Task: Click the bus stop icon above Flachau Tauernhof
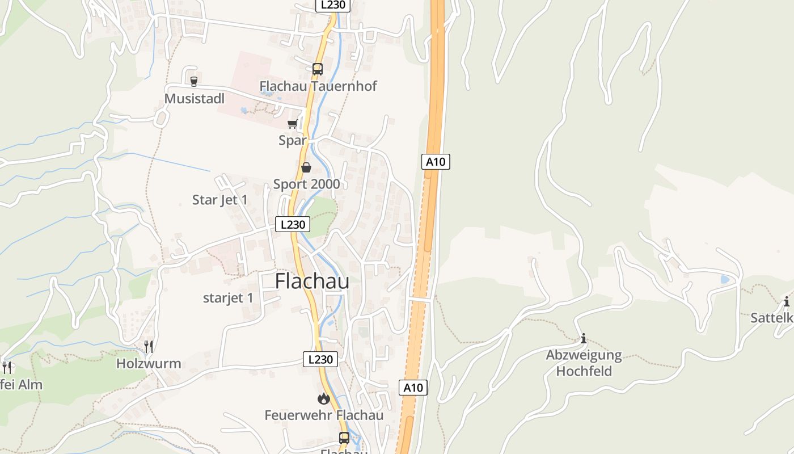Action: pyautogui.click(x=318, y=69)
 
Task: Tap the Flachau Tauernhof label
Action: pyautogui.click(x=318, y=86)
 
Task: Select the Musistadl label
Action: pyautogui.click(x=195, y=99)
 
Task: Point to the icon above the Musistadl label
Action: pyautogui.click(x=194, y=82)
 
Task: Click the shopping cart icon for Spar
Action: pyautogui.click(x=293, y=124)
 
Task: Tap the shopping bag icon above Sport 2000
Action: pyautogui.click(x=306, y=167)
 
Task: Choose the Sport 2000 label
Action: pyautogui.click(x=307, y=184)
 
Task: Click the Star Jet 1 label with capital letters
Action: pyautogui.click(x=220, y=200)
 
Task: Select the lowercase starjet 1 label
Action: pyautogui.click(x=228, y=298)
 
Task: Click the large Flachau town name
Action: pyautogui.click(x=312, y=281)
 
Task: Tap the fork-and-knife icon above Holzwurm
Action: pyautogui.click(x=149, y=346)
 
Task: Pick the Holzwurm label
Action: pyautogui.click(x=149, y=364)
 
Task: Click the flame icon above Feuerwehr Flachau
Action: pyautogui.click(x=324, y=399)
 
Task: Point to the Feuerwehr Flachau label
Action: pyautogui.click(x=324, y=415)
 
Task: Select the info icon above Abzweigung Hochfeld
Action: pyautogui.click(x=584, y=339)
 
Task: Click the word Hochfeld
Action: pyautogui.click(x=584, y=371)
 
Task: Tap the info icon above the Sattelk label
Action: pyautogui.click(x=787, y=302)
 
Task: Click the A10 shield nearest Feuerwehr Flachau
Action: pyautogui.click(x=413, y=388)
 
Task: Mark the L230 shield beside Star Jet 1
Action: pyautogui.click(x=293, y=224)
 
